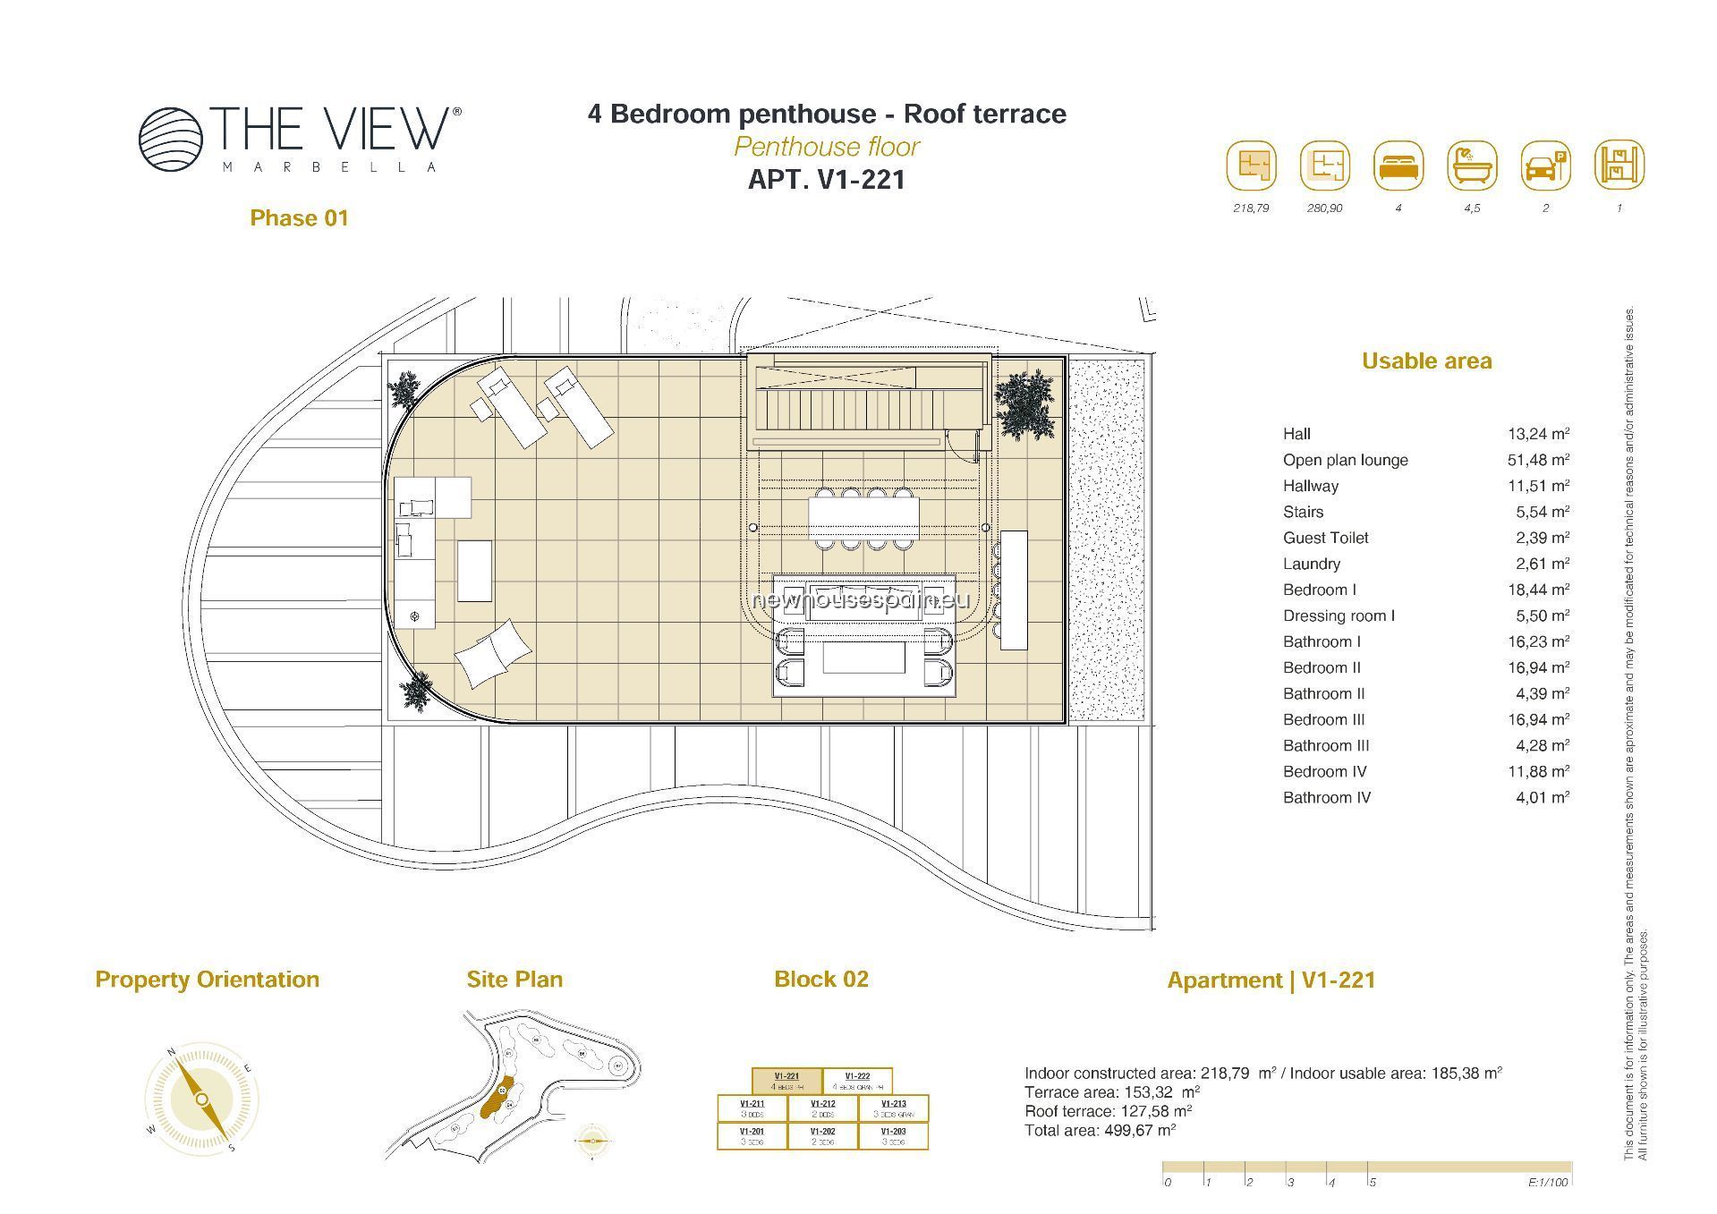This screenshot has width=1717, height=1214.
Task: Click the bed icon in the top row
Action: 1398,166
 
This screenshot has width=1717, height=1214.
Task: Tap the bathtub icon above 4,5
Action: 1472,166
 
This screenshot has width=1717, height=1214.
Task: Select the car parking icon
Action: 1545,166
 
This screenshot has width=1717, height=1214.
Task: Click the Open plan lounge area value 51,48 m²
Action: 1538,460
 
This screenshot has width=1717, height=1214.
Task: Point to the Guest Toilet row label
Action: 1325,538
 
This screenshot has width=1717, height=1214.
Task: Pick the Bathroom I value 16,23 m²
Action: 1538,641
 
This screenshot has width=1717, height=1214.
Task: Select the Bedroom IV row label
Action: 1324,771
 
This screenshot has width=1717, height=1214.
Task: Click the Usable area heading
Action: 1426,361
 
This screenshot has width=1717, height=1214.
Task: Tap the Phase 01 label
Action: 299,218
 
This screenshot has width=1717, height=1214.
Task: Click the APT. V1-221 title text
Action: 826,180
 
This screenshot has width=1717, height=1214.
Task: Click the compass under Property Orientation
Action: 202,1099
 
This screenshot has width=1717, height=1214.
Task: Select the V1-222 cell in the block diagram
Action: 857,1081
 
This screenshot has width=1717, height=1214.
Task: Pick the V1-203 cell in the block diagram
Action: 893,1135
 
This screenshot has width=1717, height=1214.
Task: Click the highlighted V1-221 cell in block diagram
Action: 786,1081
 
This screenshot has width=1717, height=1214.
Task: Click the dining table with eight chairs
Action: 863,520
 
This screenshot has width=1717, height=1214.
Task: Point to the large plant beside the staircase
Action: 1024,403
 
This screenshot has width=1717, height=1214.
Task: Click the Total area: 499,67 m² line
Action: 1100,1130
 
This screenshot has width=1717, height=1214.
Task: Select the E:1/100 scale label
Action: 1548,1183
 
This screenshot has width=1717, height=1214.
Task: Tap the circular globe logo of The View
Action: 171,139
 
